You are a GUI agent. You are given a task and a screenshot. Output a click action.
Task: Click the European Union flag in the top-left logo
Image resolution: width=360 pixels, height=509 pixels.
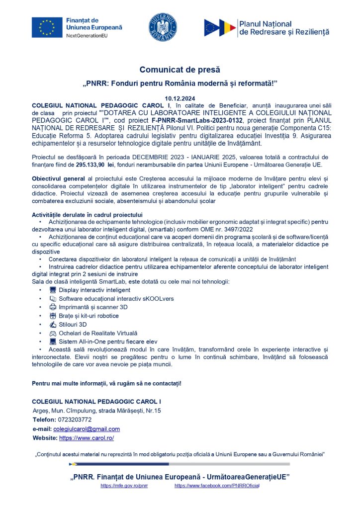pyautogui.click(x=47, y=27)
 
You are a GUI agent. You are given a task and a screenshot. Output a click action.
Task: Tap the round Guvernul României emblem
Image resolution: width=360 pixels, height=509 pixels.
pyautogui.click(x=163, y=28)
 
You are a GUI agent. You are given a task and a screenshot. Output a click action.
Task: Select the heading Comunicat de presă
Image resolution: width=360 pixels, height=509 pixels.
pyautogui.click(x=180, y=70)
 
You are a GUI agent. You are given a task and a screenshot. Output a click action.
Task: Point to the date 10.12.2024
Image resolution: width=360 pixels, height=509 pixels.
pyautogui.click(x=180, y=99)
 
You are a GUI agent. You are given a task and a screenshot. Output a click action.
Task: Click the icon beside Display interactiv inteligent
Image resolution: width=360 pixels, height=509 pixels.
pyautogui.click(x=53, y=290)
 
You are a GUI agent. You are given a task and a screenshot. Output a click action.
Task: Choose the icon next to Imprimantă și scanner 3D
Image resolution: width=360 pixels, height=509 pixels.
pyautogui.click(x=53, y=307)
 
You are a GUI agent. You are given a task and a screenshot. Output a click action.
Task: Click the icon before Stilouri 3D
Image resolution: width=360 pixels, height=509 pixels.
pyautogui.click(x=53, y=325)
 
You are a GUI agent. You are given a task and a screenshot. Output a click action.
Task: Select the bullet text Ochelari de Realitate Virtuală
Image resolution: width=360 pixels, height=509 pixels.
pyautogui.click(x=98, y=333)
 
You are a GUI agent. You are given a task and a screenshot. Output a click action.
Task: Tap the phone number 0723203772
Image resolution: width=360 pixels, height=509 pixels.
pyautogui.click(x=73, y=420)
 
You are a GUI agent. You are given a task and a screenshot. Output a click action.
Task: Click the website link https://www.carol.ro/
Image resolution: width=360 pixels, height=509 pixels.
pyautogui.click(x=87, y=438)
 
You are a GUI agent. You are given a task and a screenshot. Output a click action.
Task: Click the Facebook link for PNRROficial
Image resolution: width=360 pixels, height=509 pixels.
pyautogui.click(x=217, y=486)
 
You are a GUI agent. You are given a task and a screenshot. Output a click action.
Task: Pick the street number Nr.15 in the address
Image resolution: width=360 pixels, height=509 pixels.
pyautogui.click(x=152, y=411)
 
